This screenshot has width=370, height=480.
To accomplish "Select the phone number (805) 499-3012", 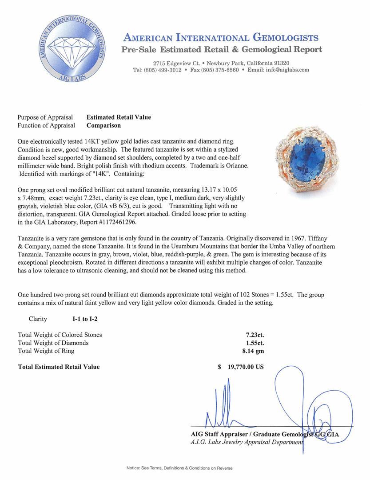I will tap(163, 70).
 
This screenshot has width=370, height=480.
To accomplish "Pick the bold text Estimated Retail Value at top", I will tap(119, 117).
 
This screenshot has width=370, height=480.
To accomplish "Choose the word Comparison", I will tap(103, 125).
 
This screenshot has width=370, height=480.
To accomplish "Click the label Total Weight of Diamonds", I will tap(53, 343).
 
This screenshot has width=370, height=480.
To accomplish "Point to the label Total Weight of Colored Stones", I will tap(60, 335).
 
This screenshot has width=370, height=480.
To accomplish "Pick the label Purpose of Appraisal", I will tap(45, 117).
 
